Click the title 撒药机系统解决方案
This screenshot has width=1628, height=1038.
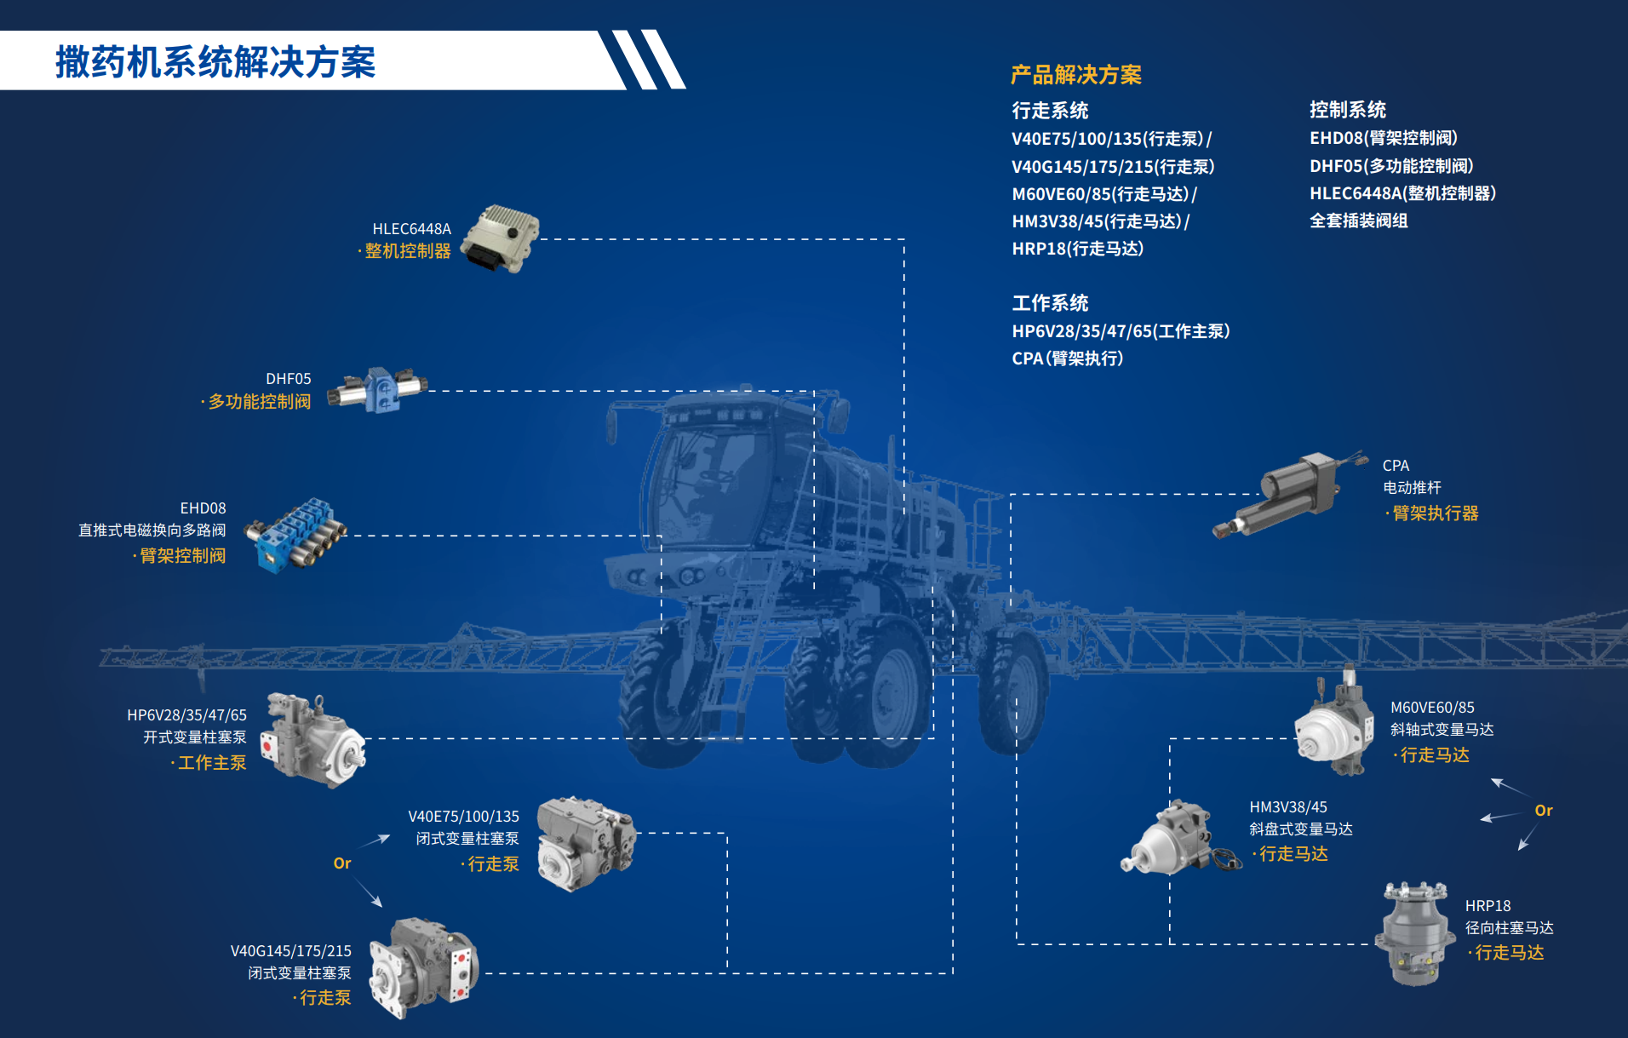click(215, 62)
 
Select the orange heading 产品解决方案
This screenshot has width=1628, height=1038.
click(1076, 75)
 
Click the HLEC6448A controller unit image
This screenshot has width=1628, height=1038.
click(501, 238)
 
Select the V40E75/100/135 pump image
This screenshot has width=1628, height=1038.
click(587, 842)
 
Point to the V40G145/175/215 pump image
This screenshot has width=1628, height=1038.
click(423, 967)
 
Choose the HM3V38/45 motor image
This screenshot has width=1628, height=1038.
click(1179, 837)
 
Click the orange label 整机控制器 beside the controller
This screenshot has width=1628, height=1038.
click(408, 251)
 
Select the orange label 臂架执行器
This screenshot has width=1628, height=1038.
click(1436, 513)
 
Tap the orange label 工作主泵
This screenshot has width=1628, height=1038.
click(212, 763)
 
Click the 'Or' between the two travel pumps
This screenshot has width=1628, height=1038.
click(342, 863)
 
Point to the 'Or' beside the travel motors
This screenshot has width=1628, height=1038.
click(1544, 811)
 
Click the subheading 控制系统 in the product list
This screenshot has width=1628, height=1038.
click(1348, 110)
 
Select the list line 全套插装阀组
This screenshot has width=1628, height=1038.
click(1359, 221)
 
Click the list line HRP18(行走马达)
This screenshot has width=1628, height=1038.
click(1078, 249)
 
